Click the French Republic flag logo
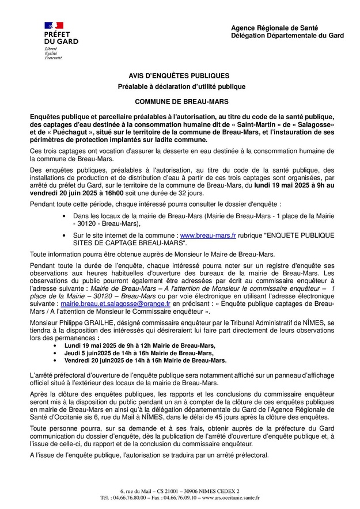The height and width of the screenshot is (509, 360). click(x=54, y=25)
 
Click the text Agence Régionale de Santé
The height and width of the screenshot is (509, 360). click(x=274, y=28)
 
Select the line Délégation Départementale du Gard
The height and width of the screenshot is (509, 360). click(x=287, y=35)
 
